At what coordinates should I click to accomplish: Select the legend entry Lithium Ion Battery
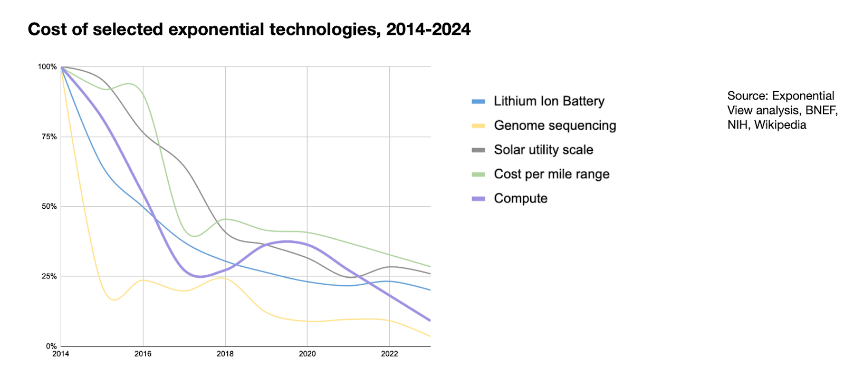point(549,101)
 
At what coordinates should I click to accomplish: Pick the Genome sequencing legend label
point(554,125)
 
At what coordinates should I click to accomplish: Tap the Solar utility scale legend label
point(543,150)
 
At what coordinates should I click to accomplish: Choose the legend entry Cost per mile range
point(551,174)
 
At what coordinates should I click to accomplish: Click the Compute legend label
point(520,198)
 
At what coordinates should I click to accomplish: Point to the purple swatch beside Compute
point(478,199)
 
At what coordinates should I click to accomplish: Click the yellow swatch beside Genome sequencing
point(478,126)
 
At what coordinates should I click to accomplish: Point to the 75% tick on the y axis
point(49,137)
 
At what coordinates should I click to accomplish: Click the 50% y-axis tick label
point(49,207)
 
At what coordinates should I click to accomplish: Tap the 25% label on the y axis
point(49,276)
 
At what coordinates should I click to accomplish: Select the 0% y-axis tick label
point(51,346)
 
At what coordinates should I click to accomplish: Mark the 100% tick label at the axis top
point(47,67)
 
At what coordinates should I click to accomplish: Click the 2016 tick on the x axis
point(143,354)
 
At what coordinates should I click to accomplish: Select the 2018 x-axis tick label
point(225,354)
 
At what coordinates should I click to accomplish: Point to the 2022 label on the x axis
point(389,354)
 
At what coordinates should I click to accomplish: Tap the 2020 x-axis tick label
point(307,354)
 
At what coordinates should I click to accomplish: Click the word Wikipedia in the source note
point(780,125)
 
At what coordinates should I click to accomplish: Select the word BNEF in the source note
point(820,110)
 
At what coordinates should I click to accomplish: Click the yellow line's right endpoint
point(430,336)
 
